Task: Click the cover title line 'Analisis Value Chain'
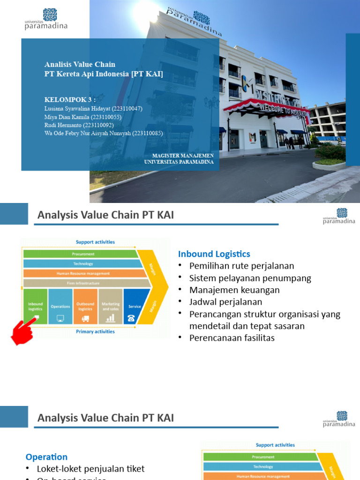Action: [80, 64]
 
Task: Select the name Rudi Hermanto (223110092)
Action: [79, 125]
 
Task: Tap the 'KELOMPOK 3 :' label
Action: [70, 100]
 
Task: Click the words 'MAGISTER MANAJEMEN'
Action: [183, 155]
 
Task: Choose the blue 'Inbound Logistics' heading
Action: [214, 254]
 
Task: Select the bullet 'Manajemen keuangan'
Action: [234, 290]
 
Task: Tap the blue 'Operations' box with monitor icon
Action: [60, 306]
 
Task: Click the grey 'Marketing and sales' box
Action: [111, 306]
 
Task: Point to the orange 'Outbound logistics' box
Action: [85, 306]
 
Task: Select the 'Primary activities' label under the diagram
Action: [95, 331]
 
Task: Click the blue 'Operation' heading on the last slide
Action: [46, 457]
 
